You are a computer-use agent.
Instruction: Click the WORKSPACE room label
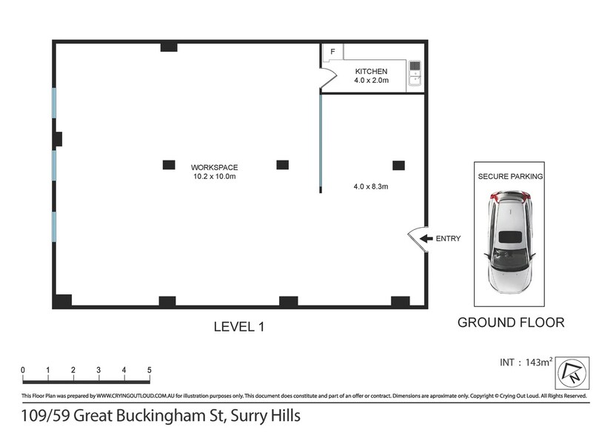(x=214, y=167)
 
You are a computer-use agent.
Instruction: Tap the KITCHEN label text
(x=371, y=72)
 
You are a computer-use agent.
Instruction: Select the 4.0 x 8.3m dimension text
(x=371, y=186)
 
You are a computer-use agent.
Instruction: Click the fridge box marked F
(x=332, y=52)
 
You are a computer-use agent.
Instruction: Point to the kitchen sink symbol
(x=415, y=73)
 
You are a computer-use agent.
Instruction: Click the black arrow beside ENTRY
(x=426, y=238)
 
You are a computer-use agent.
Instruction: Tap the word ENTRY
(x=448, y=238)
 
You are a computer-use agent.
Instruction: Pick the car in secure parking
(x=509, y=242)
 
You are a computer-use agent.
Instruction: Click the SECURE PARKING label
(x=510, y=177)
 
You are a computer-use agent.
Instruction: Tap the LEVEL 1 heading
(x=239, y=327)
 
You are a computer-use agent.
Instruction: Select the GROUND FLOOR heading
(x=511, y=323)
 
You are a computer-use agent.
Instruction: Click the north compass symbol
(x=572, y=373)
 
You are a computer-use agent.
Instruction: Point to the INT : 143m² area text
(x=526, y=362)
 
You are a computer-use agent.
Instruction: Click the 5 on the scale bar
(x=150, y=370)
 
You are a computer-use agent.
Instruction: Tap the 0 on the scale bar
(x=23, y=370)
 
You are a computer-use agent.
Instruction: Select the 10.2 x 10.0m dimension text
(x=215, y=176)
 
